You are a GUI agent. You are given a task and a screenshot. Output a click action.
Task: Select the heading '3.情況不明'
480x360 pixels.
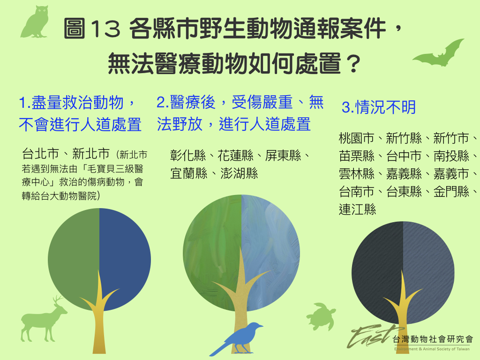coord(379,107)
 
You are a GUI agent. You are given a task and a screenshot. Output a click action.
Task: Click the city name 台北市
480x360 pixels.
coord(40,154)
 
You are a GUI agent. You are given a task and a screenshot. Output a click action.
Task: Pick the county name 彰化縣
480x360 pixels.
coord(188,156)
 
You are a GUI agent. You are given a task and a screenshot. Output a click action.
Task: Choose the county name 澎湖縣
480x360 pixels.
coord(239,173)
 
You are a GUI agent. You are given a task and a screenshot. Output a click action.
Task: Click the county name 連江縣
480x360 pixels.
coord(357,210)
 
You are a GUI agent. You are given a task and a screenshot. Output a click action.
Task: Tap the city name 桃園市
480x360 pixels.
coord(357,138)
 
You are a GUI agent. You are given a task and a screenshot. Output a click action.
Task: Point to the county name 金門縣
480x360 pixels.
coord(451,192)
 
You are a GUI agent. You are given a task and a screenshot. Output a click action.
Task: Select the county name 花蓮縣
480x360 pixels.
coord(235,156)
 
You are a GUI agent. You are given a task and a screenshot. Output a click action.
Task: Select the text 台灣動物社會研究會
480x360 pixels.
coord(433,339)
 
